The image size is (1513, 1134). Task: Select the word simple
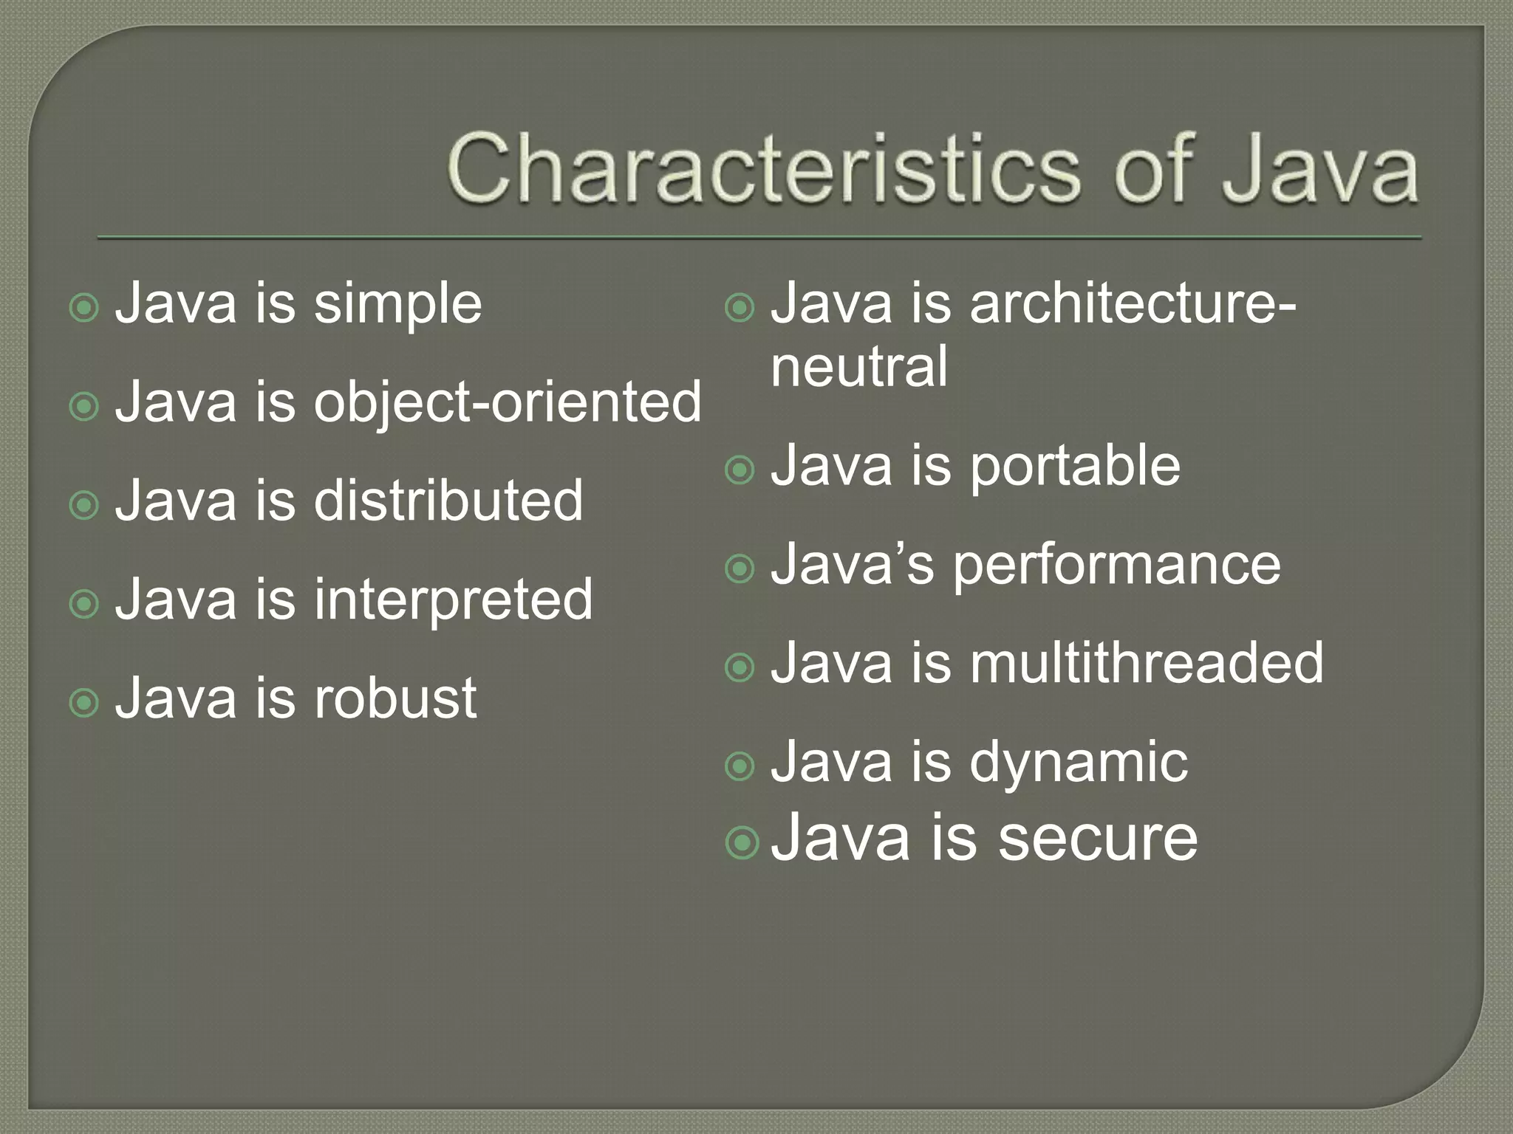point(397,305)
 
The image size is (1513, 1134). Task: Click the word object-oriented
point(508,403)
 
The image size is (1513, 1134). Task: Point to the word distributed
point(448,501)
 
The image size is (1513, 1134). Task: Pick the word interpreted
point(453,599)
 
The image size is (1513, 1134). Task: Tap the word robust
point(395,698)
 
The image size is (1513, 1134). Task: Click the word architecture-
point(1133,303)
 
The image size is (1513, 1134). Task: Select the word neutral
point(858,367)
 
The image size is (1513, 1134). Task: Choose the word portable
point(1075,467)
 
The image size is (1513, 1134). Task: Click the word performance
point(1116,566)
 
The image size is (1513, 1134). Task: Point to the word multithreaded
point(1147,663)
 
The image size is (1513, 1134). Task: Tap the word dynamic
point(1079,763)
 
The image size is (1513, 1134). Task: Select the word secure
point(1097,839)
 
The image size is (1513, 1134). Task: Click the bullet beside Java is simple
point(83,307)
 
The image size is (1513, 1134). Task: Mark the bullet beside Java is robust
point(83,702)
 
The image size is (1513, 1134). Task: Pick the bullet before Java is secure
point(741,842)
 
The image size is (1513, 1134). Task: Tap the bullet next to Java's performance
point(740,569)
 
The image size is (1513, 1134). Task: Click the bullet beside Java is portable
point(740,470)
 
